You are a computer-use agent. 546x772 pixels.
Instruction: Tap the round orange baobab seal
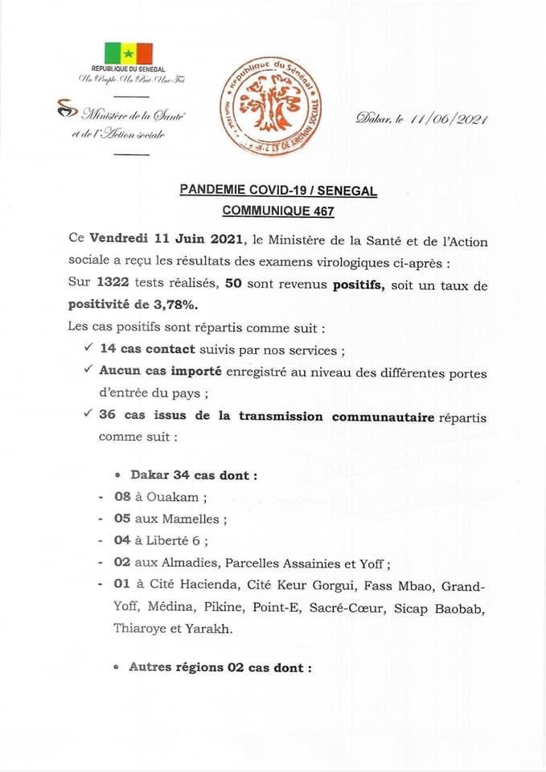[x=269, y=101]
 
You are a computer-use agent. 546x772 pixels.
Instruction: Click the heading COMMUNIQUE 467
[x=278, y=210]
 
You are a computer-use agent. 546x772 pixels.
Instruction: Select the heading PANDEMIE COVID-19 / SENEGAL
[x=278, y=191]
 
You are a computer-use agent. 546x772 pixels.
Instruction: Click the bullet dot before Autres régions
[x=117, y=667]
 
